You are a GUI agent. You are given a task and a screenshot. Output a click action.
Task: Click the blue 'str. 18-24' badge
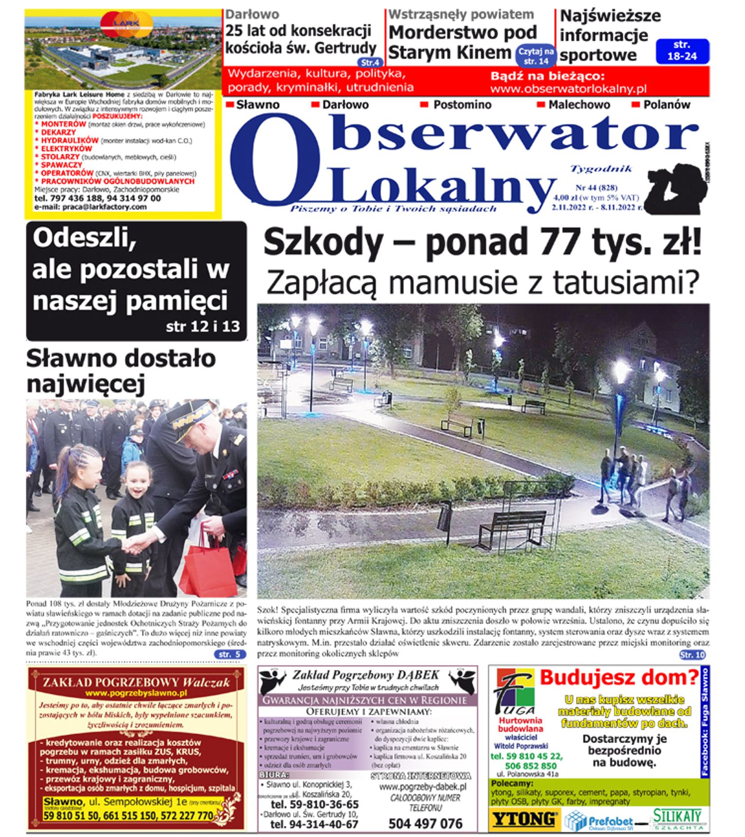[682, 51]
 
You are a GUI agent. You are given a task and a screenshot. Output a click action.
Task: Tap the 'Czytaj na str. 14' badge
[536, 56]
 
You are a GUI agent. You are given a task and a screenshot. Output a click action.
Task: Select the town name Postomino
[462, 105]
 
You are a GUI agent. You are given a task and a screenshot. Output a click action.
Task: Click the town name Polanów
[666, 105]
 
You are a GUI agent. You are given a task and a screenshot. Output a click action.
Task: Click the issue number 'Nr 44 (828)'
[596, 188]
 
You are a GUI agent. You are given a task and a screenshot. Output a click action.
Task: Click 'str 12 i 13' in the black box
[203, 326]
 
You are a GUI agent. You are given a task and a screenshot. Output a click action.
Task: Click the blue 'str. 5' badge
[229, 655]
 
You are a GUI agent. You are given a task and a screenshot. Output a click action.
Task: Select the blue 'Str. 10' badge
[692, 655]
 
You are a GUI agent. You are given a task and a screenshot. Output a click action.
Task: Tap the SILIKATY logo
[678, 819]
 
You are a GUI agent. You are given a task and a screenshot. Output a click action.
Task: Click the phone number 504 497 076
[425, 823]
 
